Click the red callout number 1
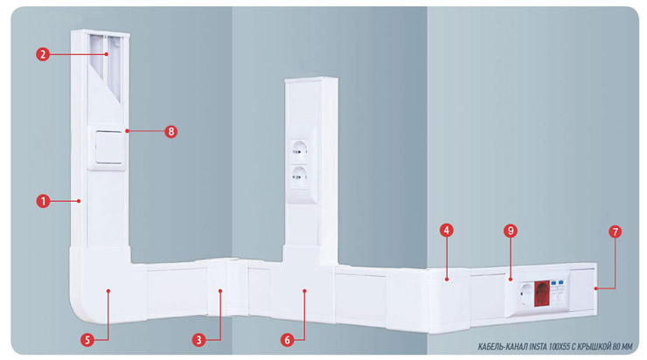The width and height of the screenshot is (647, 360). click(43, 201)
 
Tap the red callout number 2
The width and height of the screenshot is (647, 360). click(43, 54)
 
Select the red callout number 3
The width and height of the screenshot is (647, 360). click(198, 340)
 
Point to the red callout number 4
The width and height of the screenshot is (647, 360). click(446, 230)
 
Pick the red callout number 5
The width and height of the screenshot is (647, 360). click(87, 340)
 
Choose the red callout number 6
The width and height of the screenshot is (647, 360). click(287, 340)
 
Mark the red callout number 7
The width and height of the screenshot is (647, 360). click(615, 232)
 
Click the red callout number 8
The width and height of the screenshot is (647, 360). click(170, 132)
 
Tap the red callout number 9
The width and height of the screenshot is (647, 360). click(511, 231)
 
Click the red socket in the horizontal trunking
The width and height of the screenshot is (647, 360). click(542, 294)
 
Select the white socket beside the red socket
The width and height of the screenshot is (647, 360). click(526, 294)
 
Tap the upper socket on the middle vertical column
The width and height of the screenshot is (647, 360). click(299, 151)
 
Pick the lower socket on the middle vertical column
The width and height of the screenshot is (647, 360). click(299, 177)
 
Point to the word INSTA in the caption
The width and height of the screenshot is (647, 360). click(538, 347)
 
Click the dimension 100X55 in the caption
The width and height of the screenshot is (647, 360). click(559, 347)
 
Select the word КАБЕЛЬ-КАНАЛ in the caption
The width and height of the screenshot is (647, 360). click(502, 347)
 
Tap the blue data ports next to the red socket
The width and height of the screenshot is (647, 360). click(558, 283)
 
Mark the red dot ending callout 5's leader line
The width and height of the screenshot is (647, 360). click(108, 291)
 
